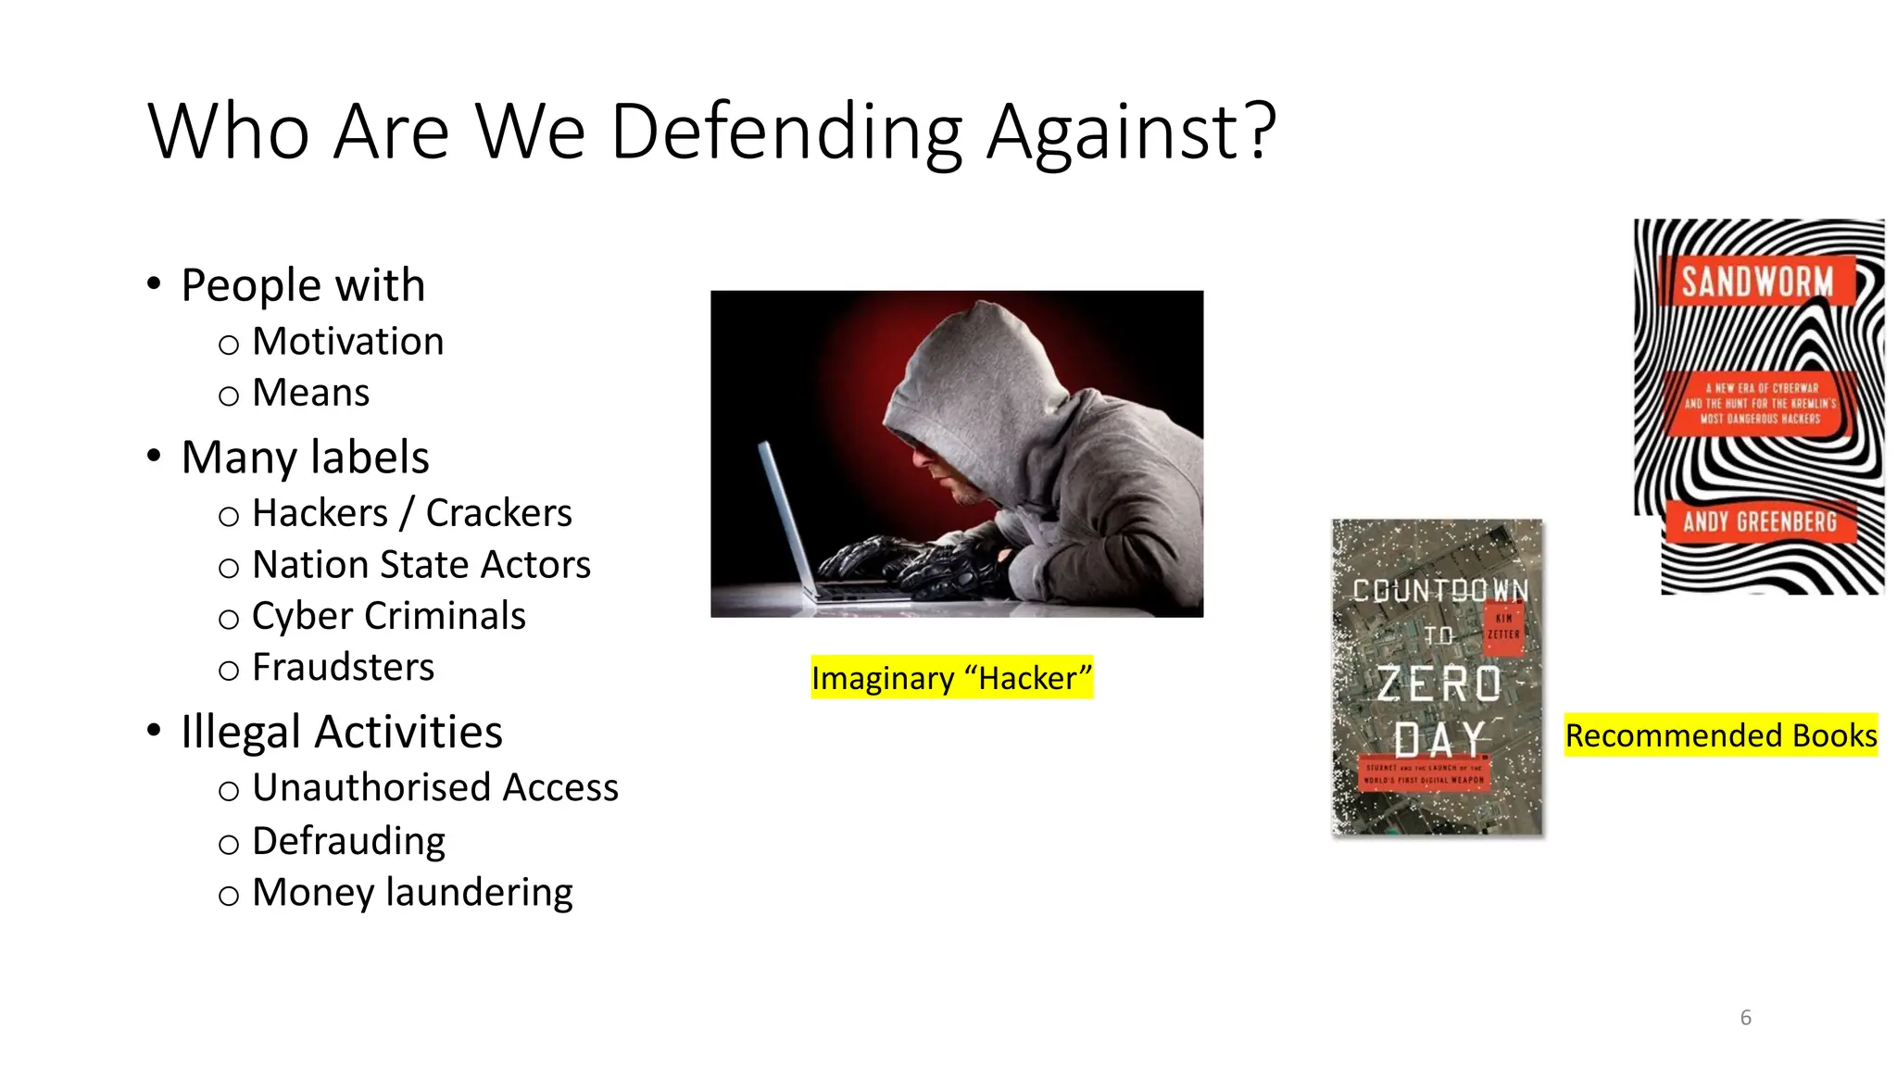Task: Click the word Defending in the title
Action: click(786, 132)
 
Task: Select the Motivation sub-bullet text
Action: click(347, 342)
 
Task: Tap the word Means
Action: click(310, 393)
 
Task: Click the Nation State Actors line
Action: click(421, 565)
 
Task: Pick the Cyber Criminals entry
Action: click(388, 616)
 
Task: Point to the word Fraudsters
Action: click(343, 667)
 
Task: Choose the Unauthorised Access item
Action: click(434, 787)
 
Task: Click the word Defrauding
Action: click(348, 841)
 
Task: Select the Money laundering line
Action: click(412, 892)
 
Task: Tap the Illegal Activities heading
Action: click(342, 732)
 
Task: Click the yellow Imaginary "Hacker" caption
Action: click(951, 678)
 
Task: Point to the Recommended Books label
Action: click(1720, 735)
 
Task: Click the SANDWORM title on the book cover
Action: click(1757, 282)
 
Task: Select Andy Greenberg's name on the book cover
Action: click(1759, 522)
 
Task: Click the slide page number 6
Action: click(1745, 1018)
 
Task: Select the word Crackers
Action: click(498, 513)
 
